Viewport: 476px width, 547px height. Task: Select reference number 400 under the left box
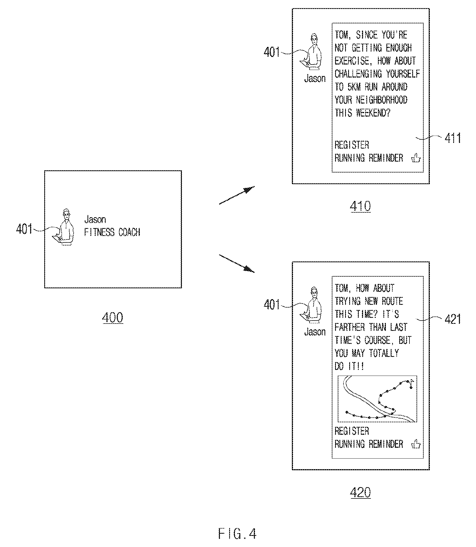click(x=113, y=317)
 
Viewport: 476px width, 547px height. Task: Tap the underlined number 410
click(x=360, y=206)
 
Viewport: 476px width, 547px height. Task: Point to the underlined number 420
click(x=360, y=492)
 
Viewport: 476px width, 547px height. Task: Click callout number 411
click(x=453, y=138)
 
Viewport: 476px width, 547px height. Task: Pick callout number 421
click(x=453, y=319)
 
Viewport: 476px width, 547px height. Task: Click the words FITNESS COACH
click(x=112, y=232)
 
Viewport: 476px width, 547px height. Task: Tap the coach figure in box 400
click(x=63, y=227)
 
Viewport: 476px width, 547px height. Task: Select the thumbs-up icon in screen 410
click(x=416, y=158)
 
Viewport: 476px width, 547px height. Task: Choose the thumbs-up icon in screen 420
click(x=416, y=444)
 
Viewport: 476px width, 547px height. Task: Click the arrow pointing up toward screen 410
click(x=237, y=195)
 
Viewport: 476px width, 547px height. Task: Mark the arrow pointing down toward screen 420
click(x=237, y=263)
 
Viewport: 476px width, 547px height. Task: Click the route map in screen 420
click(x=377, y=398)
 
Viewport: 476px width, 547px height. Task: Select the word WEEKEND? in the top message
click(x=373, y=113)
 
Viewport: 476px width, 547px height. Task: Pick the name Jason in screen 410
click(x=315, y=78)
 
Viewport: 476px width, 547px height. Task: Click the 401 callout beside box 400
click(x=24, y=229)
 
